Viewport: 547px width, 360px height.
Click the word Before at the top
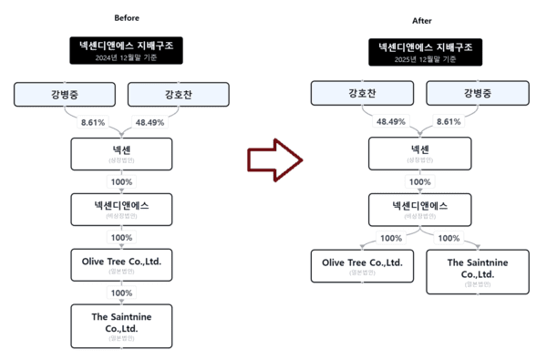point(127,18)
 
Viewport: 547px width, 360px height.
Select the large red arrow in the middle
point(274,159)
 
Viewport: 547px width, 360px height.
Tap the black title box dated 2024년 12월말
point(127,50)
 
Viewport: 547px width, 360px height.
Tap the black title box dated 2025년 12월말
point(424,52)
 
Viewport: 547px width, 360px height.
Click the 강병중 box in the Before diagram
point(64,93)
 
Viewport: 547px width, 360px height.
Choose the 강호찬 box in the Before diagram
point(179,93)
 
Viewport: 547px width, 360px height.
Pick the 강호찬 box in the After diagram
point(362,93)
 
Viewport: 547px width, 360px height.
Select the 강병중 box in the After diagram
point(478,93)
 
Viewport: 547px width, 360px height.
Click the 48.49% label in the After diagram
point(390,121)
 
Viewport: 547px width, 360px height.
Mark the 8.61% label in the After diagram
point(449,121)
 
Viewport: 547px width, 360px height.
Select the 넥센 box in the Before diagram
point(121,152)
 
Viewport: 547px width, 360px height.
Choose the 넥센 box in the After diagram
point(419,152)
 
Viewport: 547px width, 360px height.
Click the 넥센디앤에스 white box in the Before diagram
point(121,209)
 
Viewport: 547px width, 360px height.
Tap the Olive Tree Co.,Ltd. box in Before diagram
point(121,265)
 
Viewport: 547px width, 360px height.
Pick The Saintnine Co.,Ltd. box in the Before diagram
point(121,325)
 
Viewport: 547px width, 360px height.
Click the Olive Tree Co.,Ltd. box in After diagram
point(362,266)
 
